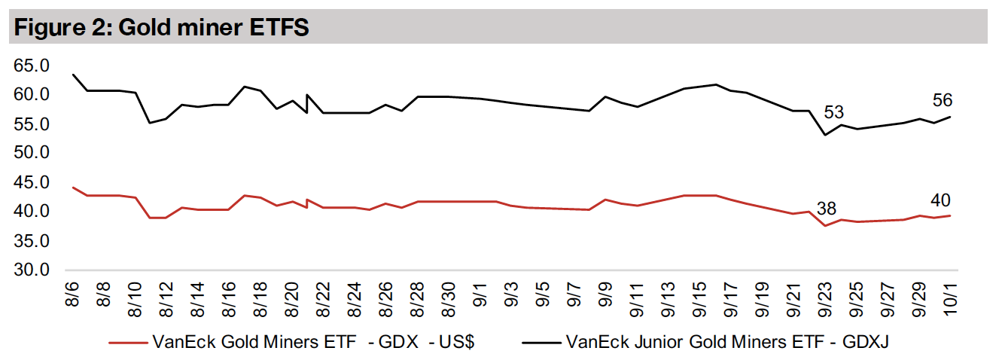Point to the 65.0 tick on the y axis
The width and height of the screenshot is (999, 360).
coord(31,66)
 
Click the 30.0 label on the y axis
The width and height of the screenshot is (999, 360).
coord(31,270)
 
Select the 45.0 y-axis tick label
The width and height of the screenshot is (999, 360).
coord(31,183)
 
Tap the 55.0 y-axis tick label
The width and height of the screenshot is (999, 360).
coord(31,124)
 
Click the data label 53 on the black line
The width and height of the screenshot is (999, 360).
coord(833,113)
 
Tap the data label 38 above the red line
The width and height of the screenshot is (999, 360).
coord(826,209)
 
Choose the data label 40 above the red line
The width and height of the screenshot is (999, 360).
coord(940,200)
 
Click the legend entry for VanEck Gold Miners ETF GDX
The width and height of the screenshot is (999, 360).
coord(313,343)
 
